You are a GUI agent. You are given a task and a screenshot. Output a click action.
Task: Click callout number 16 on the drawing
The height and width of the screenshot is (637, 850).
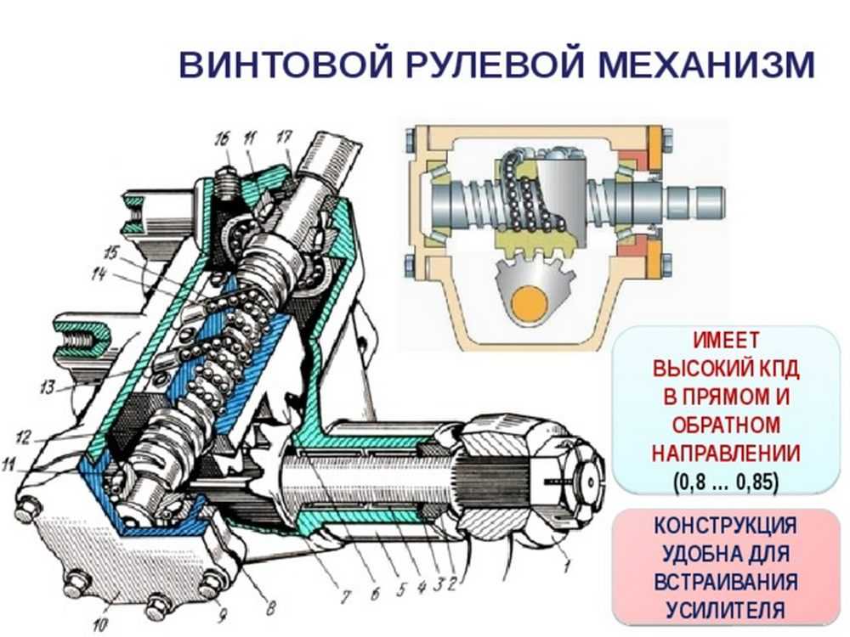pos(222,140)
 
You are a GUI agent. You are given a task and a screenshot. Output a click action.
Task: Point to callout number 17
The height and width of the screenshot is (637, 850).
pos(285,137)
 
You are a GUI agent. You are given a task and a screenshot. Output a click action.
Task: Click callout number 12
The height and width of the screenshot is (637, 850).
pos(23,437)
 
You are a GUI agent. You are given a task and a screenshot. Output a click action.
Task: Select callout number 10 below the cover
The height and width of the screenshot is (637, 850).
pos(101,623)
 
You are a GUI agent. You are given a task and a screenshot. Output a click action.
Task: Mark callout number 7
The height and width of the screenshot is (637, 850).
pos(345,597)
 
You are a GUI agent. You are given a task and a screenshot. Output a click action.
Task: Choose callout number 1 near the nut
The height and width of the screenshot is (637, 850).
pos(567,567)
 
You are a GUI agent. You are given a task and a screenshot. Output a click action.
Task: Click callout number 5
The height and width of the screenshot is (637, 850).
pos(400,589)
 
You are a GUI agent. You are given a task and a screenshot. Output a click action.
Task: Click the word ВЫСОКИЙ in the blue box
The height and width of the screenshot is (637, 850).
pos(694,369)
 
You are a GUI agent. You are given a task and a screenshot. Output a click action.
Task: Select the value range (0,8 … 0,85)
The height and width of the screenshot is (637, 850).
pos(726,482)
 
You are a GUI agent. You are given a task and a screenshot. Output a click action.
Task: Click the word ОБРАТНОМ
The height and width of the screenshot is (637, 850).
pos(726,425)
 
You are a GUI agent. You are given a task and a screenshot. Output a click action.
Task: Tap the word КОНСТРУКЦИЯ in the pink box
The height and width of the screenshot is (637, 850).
pos(726,526)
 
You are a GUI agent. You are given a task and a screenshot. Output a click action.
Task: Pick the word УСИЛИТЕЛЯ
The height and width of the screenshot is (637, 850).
pos(726,610)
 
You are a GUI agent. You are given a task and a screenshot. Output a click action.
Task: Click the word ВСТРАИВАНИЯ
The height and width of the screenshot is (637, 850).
pos(726,582)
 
